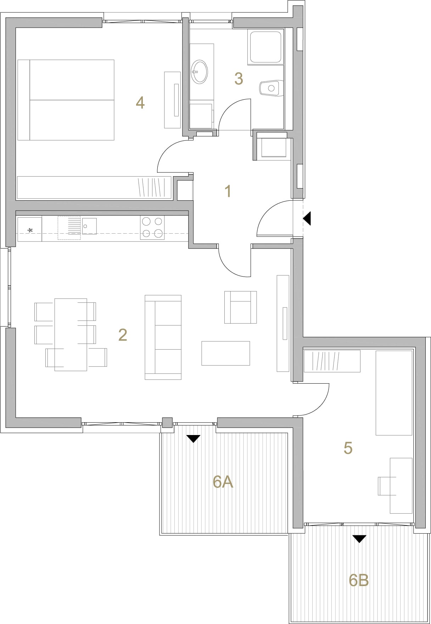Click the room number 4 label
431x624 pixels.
coord(140,102)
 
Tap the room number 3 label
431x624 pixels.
coord(239,79)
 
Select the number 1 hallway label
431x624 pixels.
coord(228,191)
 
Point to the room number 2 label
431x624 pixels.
coord(123,335)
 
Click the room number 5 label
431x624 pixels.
coord(348,448)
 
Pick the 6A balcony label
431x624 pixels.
coord(223,482)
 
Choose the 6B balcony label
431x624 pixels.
coord(359,580)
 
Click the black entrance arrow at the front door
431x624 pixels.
coord(307,218)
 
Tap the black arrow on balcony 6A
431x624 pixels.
coord(193,439)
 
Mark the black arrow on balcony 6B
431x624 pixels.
coord(359,539)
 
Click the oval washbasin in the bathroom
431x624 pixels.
coord(200,72)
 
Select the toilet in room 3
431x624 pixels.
coord(272,88)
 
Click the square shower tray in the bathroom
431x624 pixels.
coord(266,47)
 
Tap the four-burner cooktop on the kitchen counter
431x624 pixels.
coord(152,228)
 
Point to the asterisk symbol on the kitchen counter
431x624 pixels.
coord(30,231)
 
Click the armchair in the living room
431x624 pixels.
coord(240,307)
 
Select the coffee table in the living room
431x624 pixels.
coord(225,353)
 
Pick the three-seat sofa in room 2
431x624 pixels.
coord(163,337)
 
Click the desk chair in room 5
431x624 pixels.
coord(387,486)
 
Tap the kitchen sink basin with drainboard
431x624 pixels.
coord(77,228)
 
